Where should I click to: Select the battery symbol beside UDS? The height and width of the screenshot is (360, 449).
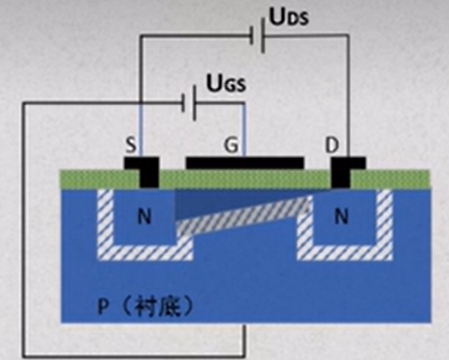point(257,36)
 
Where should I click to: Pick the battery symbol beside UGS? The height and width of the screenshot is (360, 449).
point(190,104)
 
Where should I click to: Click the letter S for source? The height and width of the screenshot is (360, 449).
point(131,146)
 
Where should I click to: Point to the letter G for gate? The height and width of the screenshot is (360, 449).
point(230,146)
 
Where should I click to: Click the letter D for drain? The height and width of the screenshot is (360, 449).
point(332,146)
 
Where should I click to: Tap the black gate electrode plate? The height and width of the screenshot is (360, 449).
point(245,163)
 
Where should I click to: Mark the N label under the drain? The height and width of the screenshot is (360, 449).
point(341,217)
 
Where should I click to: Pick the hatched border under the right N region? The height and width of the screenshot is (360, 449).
point(345,252)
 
